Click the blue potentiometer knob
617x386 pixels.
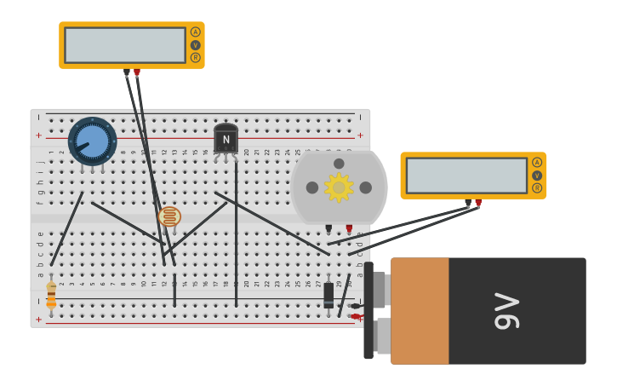click(x=92, y=141)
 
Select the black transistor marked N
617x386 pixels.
click(x=226, y=139)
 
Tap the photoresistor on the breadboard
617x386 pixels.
click(x=169, y=216)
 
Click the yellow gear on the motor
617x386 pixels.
click(x=339, y=187)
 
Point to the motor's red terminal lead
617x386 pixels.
click(x=349, y=228)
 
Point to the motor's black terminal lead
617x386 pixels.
click(x=328, y=228)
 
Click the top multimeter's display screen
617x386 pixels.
click(x=124, y=45)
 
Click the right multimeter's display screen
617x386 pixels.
click(x=466, y=176)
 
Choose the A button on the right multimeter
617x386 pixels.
click(x=537, y=162)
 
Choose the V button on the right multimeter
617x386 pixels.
click(x=537, y=176)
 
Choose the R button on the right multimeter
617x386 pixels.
click(x=537, y=188)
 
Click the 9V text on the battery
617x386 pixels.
click(x=507, y=311)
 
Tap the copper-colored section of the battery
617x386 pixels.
click(x=420, y=311)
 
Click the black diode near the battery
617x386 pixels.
click(x=328, y=295)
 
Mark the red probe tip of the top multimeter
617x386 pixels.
click(x=137, y=73)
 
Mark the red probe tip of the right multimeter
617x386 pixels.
click(x=478, y=204)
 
